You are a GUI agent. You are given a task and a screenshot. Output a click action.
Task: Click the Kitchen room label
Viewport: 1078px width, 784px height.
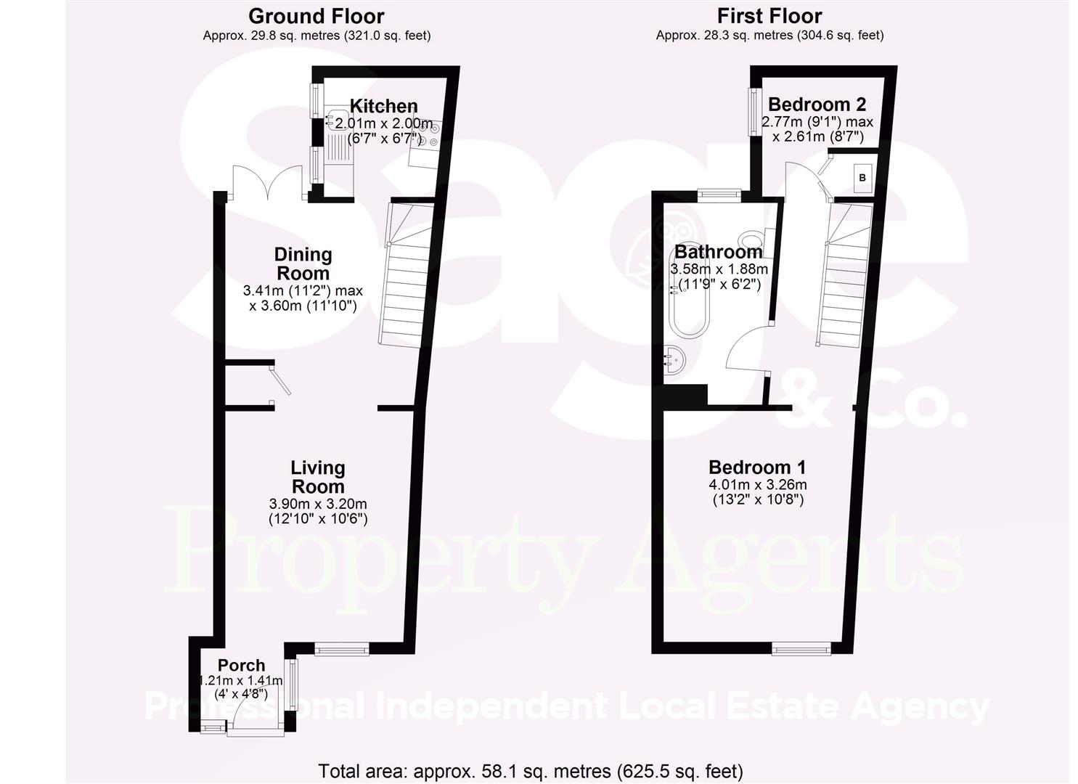click(x=383, y=106)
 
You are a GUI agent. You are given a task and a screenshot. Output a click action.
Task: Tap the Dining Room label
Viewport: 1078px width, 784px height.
click(x=303, y=264)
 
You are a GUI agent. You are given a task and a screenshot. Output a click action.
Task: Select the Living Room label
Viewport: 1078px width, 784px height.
click(x=318, y=477)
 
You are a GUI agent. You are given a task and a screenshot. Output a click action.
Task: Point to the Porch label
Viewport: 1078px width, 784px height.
click(x=242, y=665)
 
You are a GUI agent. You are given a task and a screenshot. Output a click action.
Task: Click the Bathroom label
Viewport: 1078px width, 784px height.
click(x=719, y=252)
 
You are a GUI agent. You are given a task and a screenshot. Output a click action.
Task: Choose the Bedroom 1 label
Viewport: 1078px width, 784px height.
click(x=757, y=467)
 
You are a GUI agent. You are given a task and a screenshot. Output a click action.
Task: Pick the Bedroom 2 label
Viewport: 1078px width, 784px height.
click(x=817, y=104)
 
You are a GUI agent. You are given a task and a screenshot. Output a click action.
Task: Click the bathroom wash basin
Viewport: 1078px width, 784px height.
click(x=674, y=360)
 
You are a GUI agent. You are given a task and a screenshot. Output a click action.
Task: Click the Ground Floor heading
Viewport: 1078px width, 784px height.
click(x=316, y=16)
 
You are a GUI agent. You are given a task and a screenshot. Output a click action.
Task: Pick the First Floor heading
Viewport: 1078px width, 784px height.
click(x=769, y=16)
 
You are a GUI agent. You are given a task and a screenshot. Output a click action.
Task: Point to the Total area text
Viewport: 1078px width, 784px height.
click(x=531, y=771)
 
